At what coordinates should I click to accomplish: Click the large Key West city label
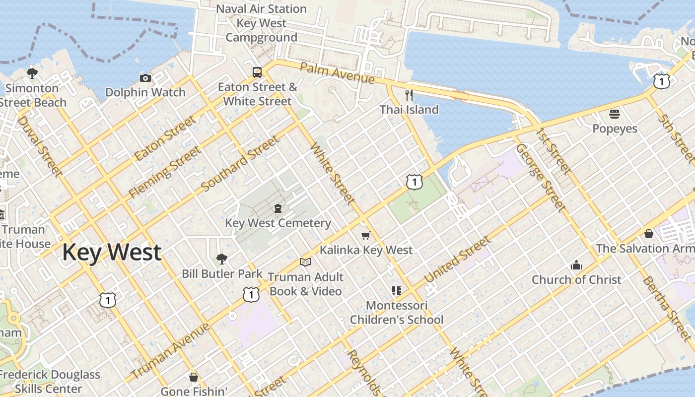pyautogui.click(x=112, y=252)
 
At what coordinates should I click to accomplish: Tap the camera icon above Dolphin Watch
pyautogui.click(x=145, y=78)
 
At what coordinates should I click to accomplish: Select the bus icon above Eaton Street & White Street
pyautogui.click(x=257, y=72)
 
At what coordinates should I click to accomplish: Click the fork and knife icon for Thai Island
pyautogui.click(x=409, y=94)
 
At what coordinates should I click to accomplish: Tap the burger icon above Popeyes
pyautogui.click(x=615, y=114)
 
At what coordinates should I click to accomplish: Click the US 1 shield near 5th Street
pyautogui.click(x=661, y=81)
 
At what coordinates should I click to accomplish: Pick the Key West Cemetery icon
pyautogui.click(x=278, y=208)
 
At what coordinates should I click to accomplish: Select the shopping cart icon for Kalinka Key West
pyautogui.click(x=366, y=235)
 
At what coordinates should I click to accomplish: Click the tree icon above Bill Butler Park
pyautogui.click(x=222, y=259)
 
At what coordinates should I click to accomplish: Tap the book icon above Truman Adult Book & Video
pyautogui.click(x=305, y=262)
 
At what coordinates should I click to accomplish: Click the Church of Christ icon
pyautogui.click(x=576, y=265)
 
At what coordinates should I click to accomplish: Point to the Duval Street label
pyautogui.click(x=40, y=146)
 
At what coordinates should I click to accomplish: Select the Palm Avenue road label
pyautogui.click(x=337, y=73)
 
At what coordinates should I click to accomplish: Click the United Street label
pyautogui.click(x=458, y=260)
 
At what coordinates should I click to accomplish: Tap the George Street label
pyautogui.click(x=540, y=177)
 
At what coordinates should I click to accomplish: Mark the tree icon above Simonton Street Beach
pyautogui.click(x=32, y=74)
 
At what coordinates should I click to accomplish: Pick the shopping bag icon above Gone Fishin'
pyautogui.click(x=194, y=377)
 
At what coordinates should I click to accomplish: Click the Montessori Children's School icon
pyautogui.click(x=396, y=291)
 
